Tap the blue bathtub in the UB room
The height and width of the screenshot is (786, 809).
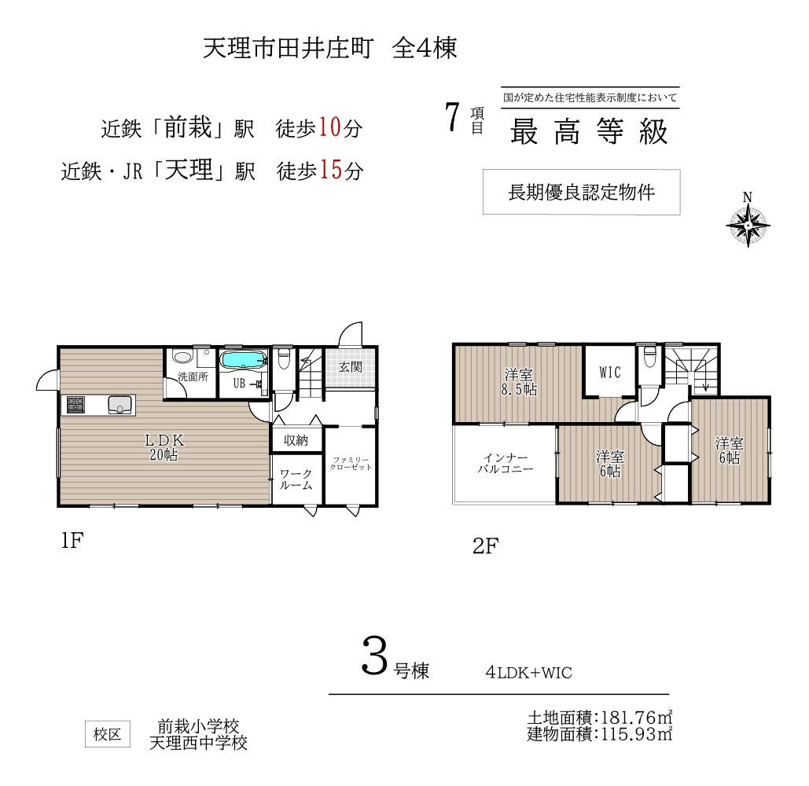[x=243, y=360]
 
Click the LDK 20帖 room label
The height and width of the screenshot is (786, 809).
[x=164, y=447]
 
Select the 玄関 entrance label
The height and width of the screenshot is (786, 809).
[x=351, y=367]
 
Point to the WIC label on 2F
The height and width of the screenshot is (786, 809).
[x=610, y=372]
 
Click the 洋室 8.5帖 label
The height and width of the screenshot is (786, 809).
[x=519, y=382]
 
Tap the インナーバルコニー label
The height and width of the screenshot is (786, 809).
[x=505, y=463]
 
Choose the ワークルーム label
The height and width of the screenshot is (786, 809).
[x=296, y=479]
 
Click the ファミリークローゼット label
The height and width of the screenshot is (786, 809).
[x=351, y=463]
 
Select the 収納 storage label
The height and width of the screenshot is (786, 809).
[x=296, y=440]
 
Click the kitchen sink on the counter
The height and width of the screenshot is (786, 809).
[x=120, y=405]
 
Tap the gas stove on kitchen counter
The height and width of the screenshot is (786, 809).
[x=75, y=405]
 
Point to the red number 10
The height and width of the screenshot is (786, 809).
[x=329, y=127]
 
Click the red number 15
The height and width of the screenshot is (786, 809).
[x=331, y=170]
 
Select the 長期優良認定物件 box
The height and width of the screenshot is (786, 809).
[x=582, y=192]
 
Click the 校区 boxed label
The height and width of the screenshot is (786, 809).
[x=107, y=734]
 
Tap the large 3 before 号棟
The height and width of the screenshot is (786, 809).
[x=374, y=656]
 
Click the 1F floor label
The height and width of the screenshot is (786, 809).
[x=72, y=540]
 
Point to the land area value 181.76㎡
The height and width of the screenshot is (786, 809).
[x=637, y=718]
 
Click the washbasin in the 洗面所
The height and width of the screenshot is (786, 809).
[x=182, y=357]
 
